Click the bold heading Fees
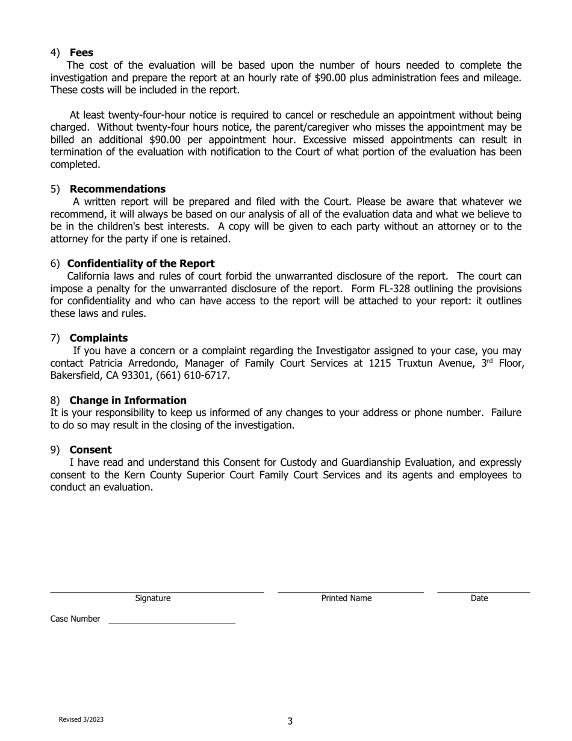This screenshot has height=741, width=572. (x=81, y=52)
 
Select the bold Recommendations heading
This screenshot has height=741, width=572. (x=117, y=189)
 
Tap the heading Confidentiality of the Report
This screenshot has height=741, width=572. (x=141, y=263)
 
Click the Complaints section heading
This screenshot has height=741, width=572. (x=99, y=337)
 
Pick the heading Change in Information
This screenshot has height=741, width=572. (x=128, y=400)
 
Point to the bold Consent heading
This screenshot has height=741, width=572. (x=90, y=449)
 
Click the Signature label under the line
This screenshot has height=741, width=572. (x=153, y=598)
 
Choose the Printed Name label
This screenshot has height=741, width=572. (x=346, y=598)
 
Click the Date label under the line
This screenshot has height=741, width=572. (x=479, y=598)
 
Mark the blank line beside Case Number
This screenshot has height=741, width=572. (x=172, y=622)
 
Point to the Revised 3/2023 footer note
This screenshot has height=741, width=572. (x=81, y=719)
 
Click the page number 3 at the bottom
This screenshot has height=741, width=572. (x=290, y=721)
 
